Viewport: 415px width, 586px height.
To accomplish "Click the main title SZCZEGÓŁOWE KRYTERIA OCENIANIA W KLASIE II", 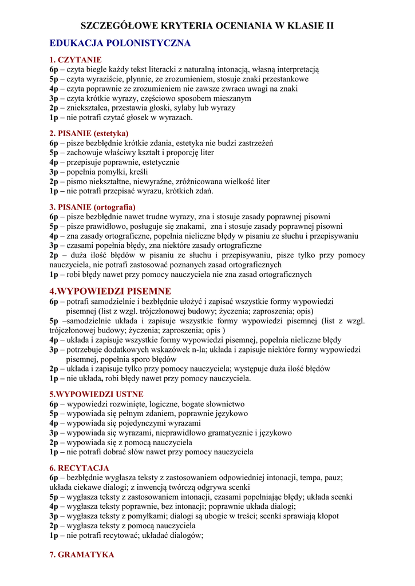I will pyautogui.click(x=207, y=26).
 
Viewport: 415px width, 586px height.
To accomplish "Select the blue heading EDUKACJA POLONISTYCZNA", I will pyautogui.click(x=120, y=43).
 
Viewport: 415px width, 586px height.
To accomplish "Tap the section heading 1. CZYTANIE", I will pyautogui.click(x=76, y=60).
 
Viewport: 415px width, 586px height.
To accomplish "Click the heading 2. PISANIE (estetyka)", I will pyautogui.click(x=89, y=133).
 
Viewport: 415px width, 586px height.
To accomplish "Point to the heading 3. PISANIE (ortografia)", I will pyautogui.click(x=93, y=207).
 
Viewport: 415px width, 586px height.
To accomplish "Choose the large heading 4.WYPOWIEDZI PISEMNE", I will pyautogui.click(x=110, y=291).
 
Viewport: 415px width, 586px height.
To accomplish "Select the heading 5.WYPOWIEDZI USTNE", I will pyautogui.click(x=97, y=394).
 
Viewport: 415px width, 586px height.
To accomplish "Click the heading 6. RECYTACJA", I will pyautogui.click(x=80, y=468).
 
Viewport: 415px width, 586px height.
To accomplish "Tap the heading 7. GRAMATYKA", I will pyautogui.click(x=82, y=555).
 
